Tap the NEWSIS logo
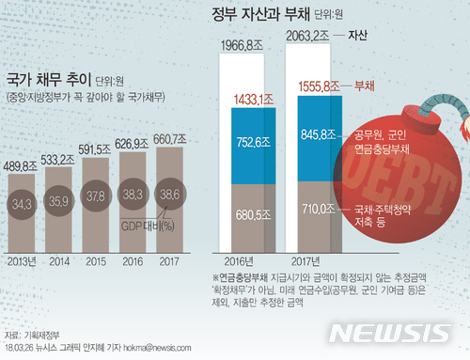(x=403, y=333)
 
